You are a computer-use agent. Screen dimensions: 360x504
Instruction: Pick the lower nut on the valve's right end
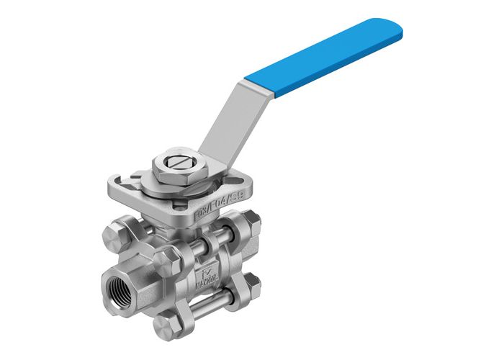coord(258,282)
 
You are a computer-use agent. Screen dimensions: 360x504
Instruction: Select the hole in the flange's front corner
coord(161,210)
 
